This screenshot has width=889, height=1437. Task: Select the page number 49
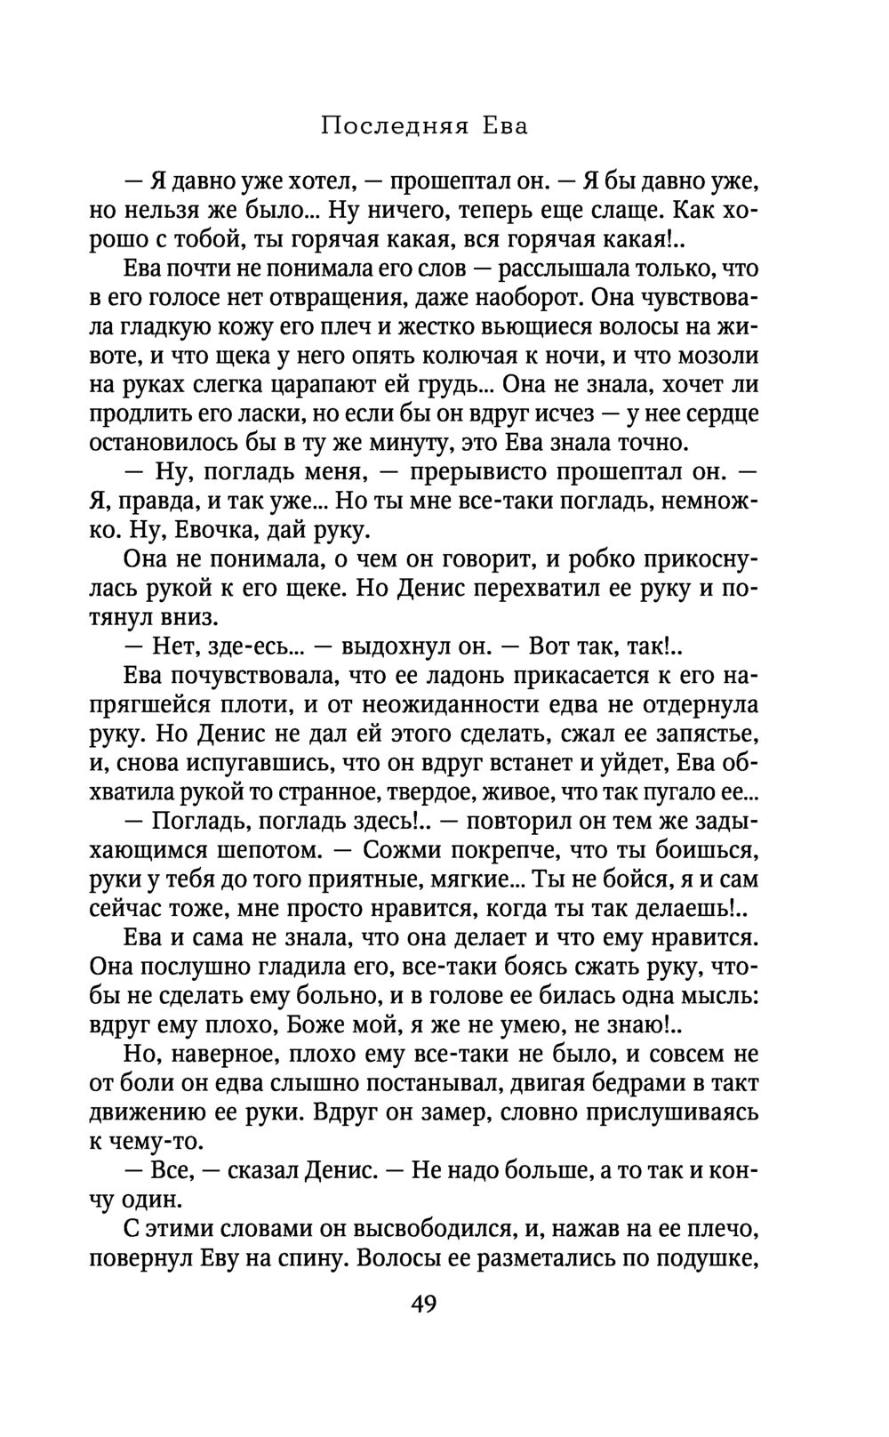point(424,1304)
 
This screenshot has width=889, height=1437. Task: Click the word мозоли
point(717,356)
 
